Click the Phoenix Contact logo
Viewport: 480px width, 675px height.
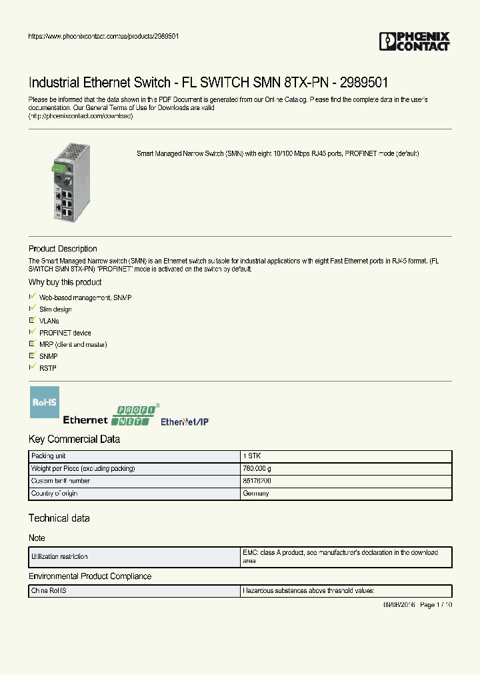coord(415,41)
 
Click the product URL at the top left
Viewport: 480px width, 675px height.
coord(103,36)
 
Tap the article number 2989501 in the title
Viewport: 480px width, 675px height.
coord(364,83)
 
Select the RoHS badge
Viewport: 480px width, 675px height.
coord(45,402)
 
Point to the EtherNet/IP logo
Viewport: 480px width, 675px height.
coord(185,422)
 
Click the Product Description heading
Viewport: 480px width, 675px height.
coord(63,249)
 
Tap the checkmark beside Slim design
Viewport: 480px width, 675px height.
coord(32,308)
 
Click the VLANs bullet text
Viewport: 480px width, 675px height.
coord(49,321)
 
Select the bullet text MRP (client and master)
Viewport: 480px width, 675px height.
coord(73,344)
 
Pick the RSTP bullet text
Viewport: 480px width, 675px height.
coord(47,368)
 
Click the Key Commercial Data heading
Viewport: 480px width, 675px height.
coord(74,439)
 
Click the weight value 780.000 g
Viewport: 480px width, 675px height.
coord(257,468)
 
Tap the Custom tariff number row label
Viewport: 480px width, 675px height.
coord(61,481)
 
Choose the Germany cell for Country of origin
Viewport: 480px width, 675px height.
coord(256,494)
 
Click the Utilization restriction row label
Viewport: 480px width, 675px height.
coord(59,556)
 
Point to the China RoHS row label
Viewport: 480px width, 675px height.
coord(49,591)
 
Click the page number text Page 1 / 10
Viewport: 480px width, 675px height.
coord(436,604)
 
